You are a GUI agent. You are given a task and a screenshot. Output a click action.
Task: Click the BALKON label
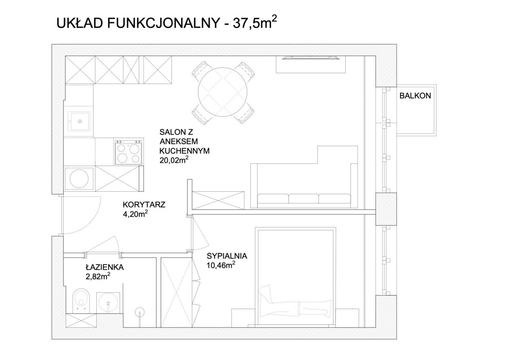click(x=415, y=96)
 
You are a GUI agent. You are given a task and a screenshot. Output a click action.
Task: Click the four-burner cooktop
click(x=129, y=152)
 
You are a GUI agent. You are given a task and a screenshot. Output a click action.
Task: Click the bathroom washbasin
click(x=109, y=302)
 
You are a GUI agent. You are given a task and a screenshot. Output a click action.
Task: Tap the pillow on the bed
click(x=266, y=293)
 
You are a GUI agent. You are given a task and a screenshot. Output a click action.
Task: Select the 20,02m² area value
click(x=174, y=160)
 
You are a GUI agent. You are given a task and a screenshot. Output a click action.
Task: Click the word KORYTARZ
click(x=144, y=205)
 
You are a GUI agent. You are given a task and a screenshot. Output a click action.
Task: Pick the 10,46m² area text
click(x=221, y=265)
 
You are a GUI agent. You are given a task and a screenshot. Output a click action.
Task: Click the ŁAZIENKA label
click(x=105, y=267)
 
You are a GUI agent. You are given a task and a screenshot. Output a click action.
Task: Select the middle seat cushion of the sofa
click(x=304, y=198)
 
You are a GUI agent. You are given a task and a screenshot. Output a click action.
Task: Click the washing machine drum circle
click(x=79, y=179)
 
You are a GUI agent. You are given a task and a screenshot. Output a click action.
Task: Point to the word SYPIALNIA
click(x=227, y=256)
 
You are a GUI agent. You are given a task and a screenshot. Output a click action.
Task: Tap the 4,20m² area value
click(x=135, y=214)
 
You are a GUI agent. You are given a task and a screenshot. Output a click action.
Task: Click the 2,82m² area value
click(x=98, y=276)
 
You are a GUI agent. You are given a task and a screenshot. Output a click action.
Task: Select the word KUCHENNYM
click(x=185, y=151)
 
